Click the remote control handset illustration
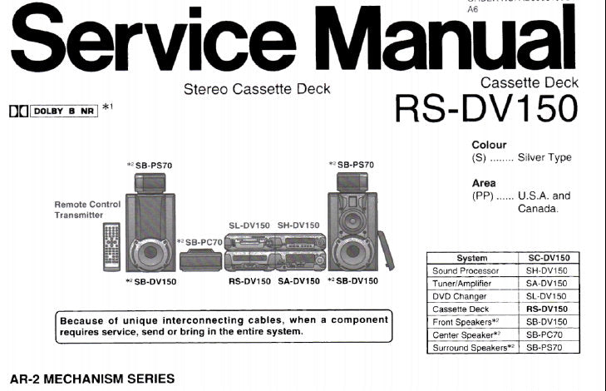(111, 247)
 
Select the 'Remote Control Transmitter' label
(87, 210)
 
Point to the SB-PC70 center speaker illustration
(200, 260)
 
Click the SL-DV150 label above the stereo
(249, 225)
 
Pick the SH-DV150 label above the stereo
(298, 225)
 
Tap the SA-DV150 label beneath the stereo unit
(298, 281)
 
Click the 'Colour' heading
(489, 144)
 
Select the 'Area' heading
(484, 183)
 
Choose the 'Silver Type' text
(544, 157)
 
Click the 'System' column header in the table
(471, 259)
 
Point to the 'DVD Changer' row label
(461, 296)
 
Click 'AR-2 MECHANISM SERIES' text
(91, 379)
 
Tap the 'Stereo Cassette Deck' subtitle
(256, 89)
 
